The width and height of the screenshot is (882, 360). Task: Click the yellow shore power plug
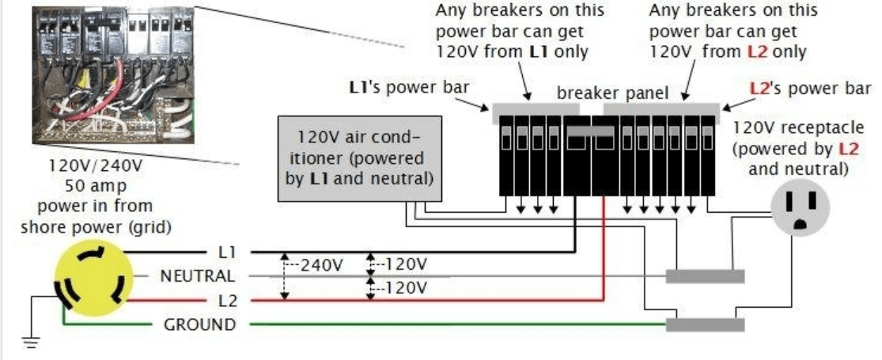click(x=89, y=276)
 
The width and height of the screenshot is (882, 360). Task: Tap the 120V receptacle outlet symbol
click(x=804, y=207)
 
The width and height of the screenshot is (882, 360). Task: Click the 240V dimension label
click(x=321, y=264)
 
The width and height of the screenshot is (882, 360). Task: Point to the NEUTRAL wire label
click(x=197, y=276)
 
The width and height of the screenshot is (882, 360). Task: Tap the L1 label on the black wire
click(x=226, y=252)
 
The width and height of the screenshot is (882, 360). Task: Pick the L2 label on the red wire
click(x=226, y=301)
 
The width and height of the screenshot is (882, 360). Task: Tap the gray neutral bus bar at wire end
click(x=704, y=276)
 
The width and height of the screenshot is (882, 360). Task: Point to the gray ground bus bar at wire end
click(x=704, y=324)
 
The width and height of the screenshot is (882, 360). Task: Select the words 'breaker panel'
click(x=613, y=93)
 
